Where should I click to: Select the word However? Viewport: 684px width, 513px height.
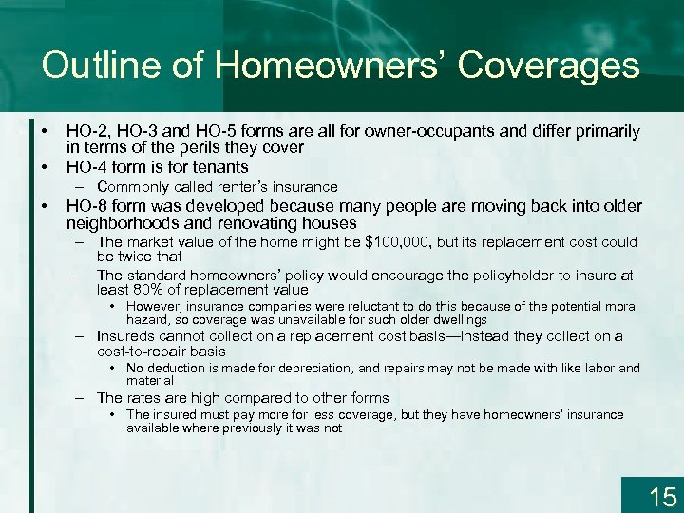pos(155,306)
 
